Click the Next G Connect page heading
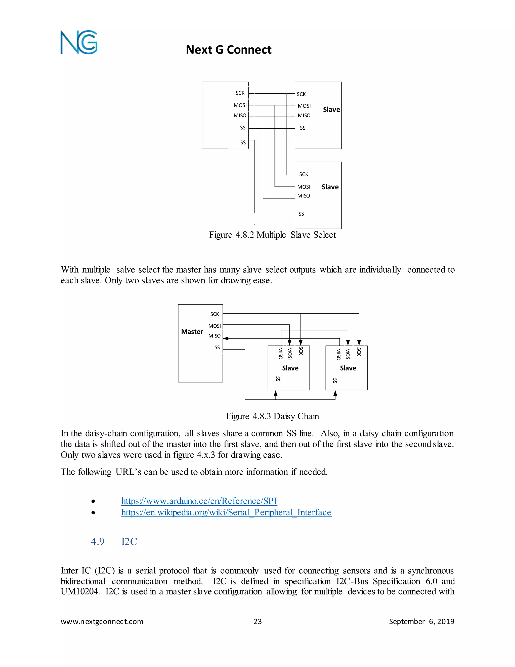point(229,50)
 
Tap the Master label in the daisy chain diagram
point(192,332)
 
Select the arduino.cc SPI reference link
point(199,501)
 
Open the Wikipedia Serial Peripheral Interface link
point(226,512)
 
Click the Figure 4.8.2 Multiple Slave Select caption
point(272,235)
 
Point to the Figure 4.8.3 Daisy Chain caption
point(272,416)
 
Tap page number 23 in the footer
point(257,622)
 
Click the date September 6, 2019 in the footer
point(421,622)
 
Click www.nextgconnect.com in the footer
point(102,622)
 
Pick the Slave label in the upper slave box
point(331,110)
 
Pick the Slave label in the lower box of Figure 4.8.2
point(330,187)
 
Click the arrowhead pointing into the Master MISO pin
point(226,338)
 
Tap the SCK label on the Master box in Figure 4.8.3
point(214,314)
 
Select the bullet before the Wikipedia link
point(93,513)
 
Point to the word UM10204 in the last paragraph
point(80,591)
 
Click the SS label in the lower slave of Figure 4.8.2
point(301,214)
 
